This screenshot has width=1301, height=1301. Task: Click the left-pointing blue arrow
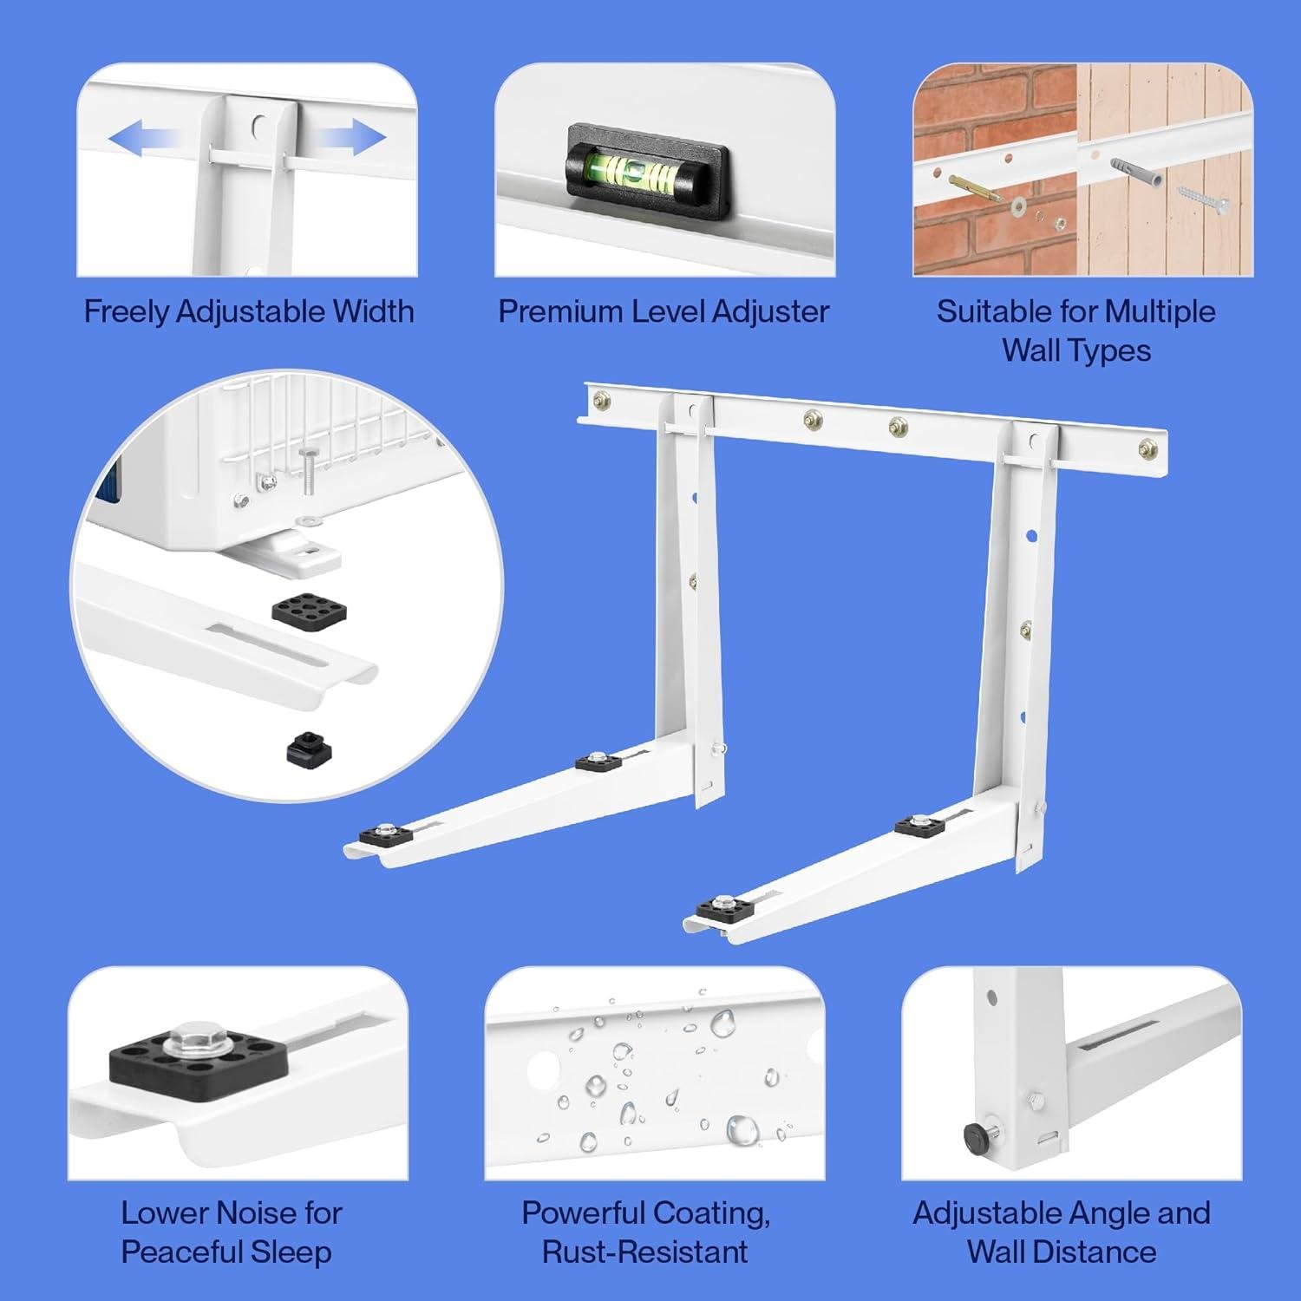click(143, 139)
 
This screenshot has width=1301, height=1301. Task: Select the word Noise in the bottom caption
click(255, 1213)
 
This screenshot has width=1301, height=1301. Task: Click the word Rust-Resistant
click(644, 1252)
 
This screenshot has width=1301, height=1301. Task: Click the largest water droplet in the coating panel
click(742, 1128)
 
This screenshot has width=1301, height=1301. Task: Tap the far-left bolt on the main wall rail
click(601, 400)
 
